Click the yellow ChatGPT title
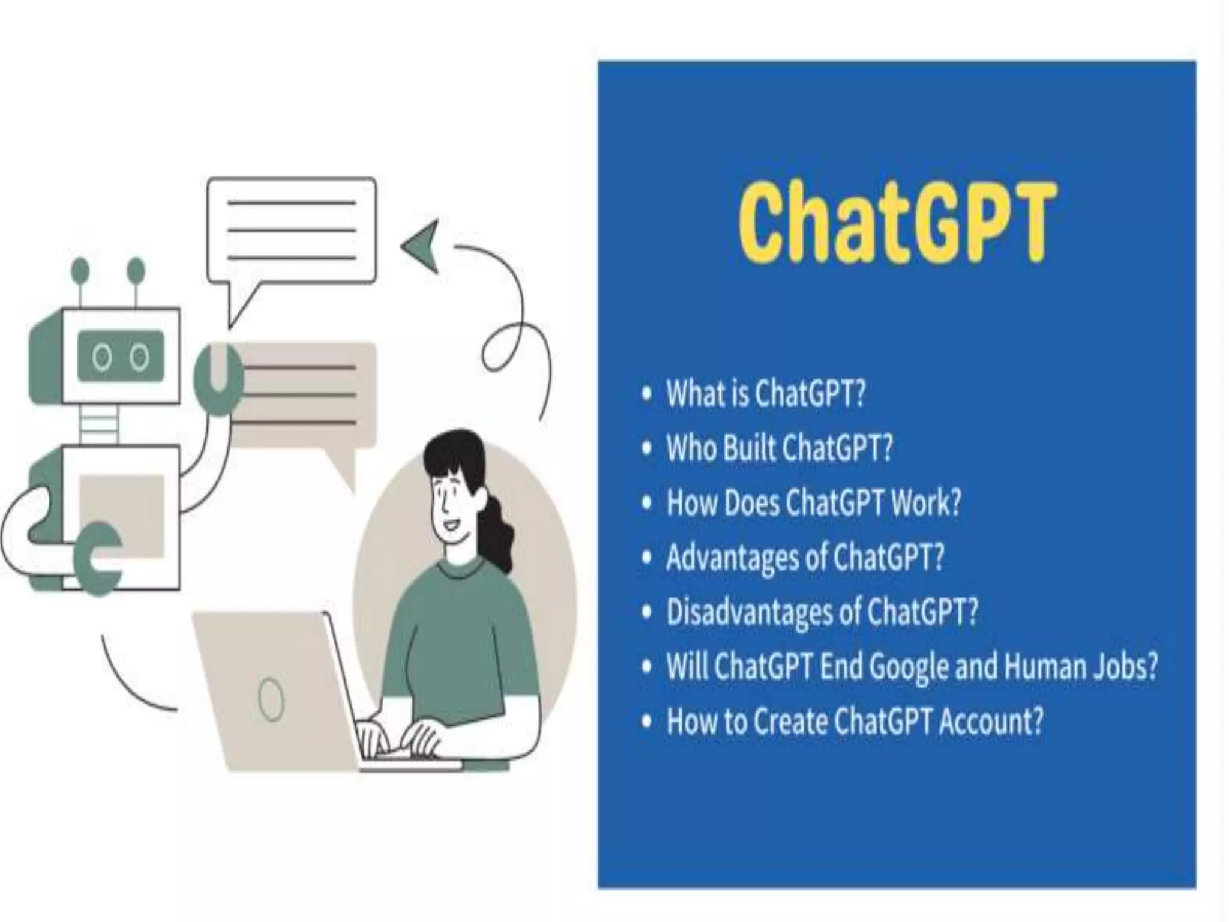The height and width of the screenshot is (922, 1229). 895,223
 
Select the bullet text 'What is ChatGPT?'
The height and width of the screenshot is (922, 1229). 766,394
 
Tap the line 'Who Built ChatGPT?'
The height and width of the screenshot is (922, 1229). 780,448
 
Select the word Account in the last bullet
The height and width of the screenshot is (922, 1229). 990,721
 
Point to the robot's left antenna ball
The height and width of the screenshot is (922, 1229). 80,270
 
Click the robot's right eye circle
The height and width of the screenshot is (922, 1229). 140,358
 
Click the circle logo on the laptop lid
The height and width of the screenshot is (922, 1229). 271,699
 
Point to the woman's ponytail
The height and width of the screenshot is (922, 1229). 497,534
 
